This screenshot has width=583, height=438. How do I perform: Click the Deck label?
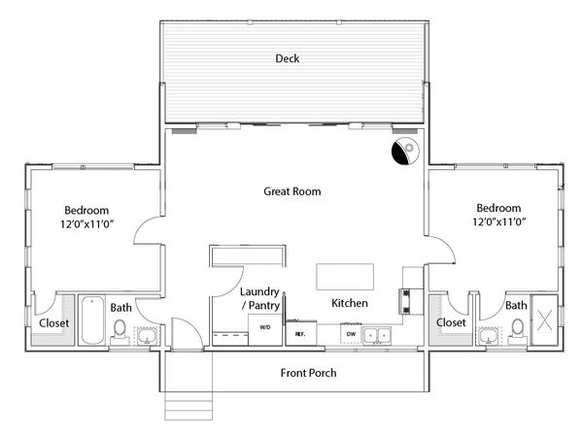[288, 58]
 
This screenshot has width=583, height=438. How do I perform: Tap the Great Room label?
[292, 191]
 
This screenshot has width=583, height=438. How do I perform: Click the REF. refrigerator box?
[301, 334]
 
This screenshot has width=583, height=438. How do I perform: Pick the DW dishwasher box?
[351, 334]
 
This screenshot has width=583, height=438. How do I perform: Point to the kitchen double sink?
[377, 335]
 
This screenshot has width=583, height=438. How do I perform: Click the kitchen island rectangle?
[345, 277]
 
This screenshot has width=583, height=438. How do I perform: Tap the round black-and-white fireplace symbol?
[405, 151]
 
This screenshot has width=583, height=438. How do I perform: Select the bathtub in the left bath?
[92, 320]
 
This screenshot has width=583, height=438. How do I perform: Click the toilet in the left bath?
[120, 331]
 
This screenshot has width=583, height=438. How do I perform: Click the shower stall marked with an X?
[544, 320]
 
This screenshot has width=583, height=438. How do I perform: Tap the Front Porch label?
[309, 373]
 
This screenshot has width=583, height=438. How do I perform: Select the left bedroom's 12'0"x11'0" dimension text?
[87, 224]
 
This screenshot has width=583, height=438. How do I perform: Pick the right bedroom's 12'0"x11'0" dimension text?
[499, 221]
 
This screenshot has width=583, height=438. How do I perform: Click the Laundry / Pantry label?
[259, 298]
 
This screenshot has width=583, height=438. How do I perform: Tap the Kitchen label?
[350, 303]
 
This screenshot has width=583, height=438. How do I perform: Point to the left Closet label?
[53, 322]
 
